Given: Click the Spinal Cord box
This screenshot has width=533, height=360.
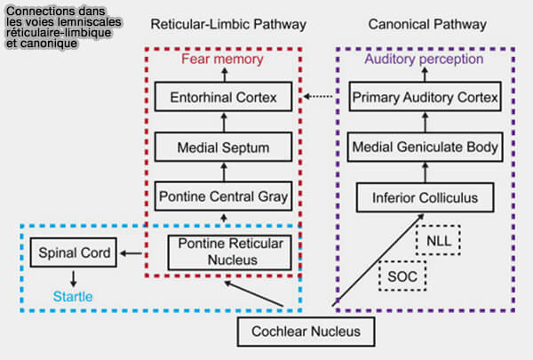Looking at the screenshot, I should click(74, 254).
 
